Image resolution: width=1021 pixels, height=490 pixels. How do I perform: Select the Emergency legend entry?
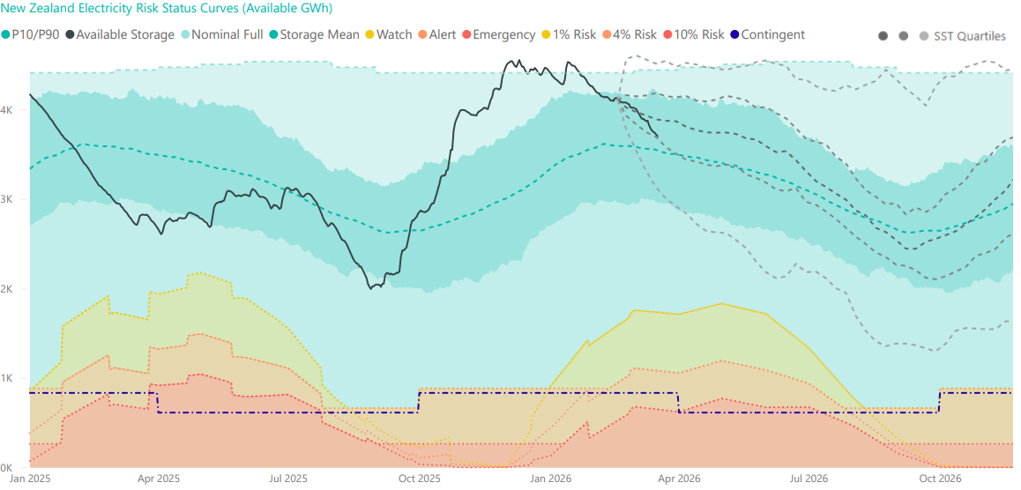click(x=503, y=34)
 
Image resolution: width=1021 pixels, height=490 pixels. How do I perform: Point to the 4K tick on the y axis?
click(x=6, y=110)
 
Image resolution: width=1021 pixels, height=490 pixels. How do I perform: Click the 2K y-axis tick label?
click(x=6, y=289)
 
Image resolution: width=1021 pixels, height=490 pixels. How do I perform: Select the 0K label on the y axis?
click(x=6, y=468)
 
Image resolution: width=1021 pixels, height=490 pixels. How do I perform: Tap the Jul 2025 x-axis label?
click(x=288, y=479)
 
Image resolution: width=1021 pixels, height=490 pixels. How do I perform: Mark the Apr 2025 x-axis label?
click(x=159, y=479)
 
